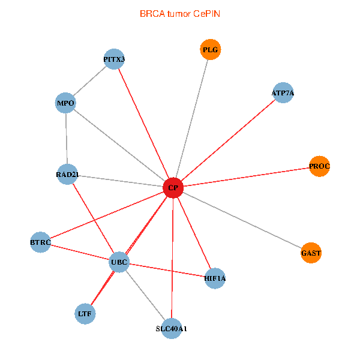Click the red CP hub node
173,188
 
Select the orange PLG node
210,50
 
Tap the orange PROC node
319,166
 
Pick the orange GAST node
311,253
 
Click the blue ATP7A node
283,93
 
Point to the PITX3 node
114,59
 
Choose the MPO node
65,103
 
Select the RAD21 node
67,175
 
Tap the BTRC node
41,242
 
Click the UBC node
119,262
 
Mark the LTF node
85,313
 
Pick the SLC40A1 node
172,328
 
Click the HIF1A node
215,278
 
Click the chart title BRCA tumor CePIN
179,13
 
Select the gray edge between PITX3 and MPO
90,81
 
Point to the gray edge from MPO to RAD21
66,139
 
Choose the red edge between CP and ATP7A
228,140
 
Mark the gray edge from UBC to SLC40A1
145,295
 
